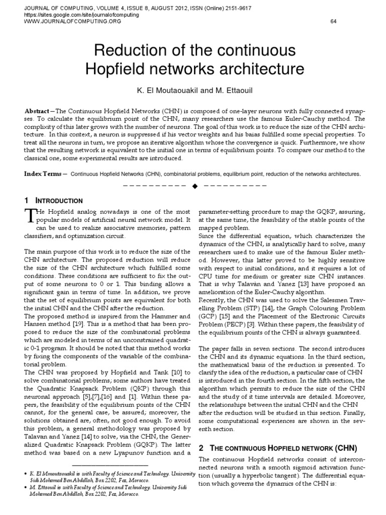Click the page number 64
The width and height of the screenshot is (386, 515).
333,21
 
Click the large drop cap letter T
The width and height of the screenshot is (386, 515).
30,216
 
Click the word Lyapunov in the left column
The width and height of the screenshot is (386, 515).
119,453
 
